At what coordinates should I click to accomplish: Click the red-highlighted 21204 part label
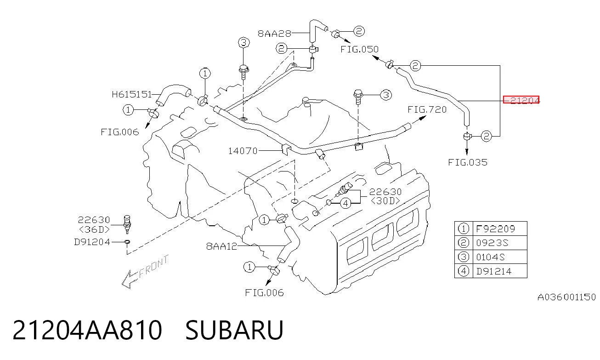point(521,100)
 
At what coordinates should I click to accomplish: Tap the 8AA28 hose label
point(274,34)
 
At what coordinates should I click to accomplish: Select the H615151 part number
point(132,94)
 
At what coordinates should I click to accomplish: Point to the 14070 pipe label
point(243,151)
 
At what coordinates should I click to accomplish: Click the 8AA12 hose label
point(221,246)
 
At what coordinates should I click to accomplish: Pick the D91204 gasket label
point(92,242)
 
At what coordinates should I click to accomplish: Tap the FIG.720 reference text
point(427,109)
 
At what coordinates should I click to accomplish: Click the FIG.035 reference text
point(468,162)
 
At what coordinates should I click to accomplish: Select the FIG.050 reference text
point(359,49)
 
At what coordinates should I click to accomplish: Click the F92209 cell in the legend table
point(495,229)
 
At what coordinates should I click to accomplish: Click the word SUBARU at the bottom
point(234,330)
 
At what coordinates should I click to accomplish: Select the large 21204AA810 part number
point(87,330)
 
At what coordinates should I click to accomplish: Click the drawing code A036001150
point(567,297)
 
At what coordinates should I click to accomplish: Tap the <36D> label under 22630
point(94,229)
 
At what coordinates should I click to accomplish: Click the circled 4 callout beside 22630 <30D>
point(345,204)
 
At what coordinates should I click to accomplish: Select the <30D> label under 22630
point(385,200)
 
